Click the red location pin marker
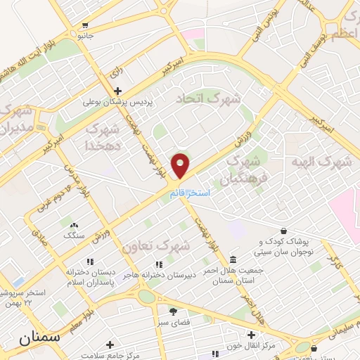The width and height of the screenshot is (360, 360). pyautogui.click(x=181, y=165)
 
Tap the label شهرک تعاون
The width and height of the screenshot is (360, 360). pyautogui.click(x=155, y=247)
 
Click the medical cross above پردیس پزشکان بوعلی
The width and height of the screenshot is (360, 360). pyautogui.click(x=118, y=91)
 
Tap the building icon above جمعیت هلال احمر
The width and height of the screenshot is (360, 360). pyautogui.click(x=233, y=260)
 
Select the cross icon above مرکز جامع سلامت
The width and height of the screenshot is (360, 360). pyautogui.click(x=110, y=345)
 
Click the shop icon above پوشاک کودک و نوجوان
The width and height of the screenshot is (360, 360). pyautogui.click(x=283, y=231)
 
